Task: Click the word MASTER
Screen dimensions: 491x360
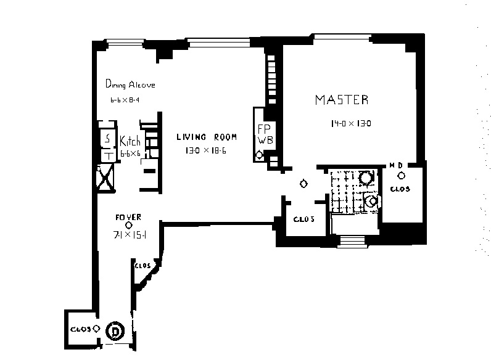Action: click(x=342, y=99)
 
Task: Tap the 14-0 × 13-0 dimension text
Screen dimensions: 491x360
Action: click(x=350, y=123)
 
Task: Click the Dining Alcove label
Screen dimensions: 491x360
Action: click(x=130, y=84)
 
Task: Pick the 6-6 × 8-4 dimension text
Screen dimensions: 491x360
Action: click(x=123, y=100)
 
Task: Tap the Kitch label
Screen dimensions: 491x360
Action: click(x=130, y=141)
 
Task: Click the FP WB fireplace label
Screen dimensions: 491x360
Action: click(x=264, y=134)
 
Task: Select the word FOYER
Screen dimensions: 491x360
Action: click(x=128, y=217)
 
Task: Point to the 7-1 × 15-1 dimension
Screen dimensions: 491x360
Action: click(x=129, y=235)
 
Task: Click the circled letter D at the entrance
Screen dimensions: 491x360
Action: click(x=115, y=331)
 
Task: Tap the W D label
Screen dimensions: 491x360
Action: click(x=396, y=165)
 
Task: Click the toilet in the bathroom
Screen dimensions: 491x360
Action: click(x=371, y=201)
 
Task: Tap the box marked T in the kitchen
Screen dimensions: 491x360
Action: click(x=107, y=155)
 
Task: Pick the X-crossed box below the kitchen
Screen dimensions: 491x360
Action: click(x=106, y=177)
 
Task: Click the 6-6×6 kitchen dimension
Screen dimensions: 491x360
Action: click(x=130, y=153)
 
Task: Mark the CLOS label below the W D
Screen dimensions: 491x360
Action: click(x=400, y=189)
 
